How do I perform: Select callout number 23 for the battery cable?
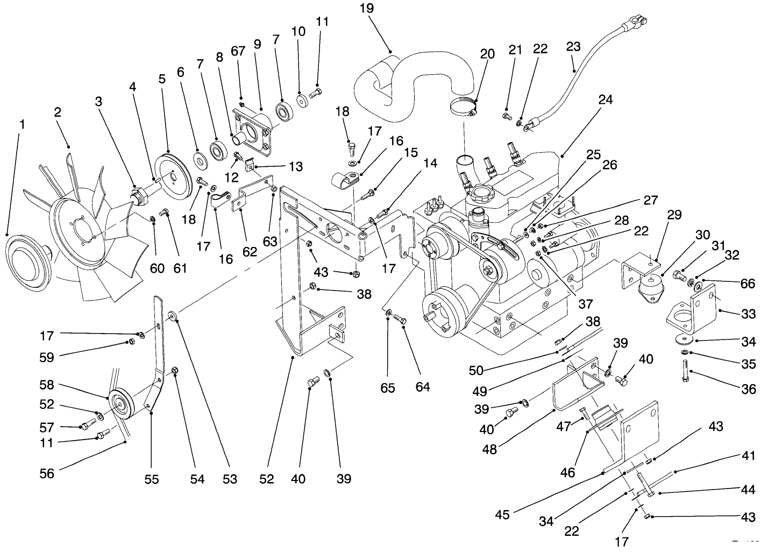click(573, 47)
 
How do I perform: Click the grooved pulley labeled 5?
click(169, 178)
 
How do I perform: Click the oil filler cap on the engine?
click(478, 191)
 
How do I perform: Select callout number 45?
click(502, 514)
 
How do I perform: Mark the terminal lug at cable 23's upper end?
click(637, 24)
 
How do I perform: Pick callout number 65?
click(388, 387)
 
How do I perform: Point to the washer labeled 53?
click(172, 315)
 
